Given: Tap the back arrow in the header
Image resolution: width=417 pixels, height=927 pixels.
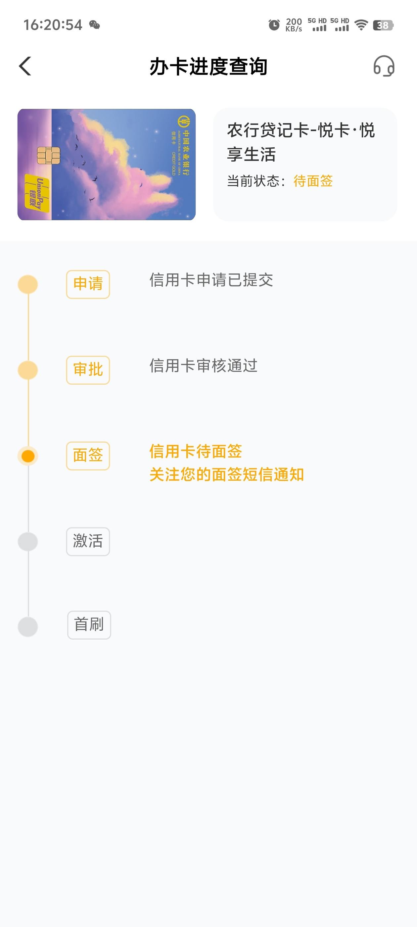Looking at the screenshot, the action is tap(25, 66).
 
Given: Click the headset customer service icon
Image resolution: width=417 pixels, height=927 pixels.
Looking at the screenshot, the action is tap(384, 66).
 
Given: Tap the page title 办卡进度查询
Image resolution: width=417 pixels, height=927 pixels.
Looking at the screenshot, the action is tap(208, 67).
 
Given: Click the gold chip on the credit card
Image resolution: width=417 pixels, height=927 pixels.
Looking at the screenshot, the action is tap(49, 156).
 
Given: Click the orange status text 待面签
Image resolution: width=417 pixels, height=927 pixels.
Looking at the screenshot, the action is tap(313, 181).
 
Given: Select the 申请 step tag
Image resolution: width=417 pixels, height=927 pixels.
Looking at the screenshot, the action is tap(88, 284).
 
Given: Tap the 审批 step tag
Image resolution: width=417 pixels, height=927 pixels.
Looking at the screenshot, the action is tap(88, 370).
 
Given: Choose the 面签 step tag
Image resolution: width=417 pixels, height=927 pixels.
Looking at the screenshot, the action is tap(88, 456).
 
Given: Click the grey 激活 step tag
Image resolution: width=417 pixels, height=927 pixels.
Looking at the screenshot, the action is tap(88, 541).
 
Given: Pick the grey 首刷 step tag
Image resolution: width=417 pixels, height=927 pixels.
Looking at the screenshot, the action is tap(89, 625).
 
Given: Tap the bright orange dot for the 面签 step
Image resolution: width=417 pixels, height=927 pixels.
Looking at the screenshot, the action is tap(28, 456).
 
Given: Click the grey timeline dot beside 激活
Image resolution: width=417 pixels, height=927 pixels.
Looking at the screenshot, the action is tap(28, 542).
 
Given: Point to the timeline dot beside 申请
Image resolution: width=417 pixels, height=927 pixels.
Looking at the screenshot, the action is tap(28, 284).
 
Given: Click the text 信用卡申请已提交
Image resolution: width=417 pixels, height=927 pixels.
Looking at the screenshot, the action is tap(211, 280).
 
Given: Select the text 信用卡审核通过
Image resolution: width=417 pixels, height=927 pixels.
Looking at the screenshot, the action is tap(203, 366).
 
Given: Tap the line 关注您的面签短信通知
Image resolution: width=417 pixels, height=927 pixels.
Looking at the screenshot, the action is tap(227, 474).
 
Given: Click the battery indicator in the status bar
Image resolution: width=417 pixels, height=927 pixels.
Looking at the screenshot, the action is tap(383, 25).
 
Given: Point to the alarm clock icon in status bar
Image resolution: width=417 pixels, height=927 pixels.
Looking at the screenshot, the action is tap(274, 25).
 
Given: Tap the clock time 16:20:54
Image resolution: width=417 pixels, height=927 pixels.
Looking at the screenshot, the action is tap(53, 25).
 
